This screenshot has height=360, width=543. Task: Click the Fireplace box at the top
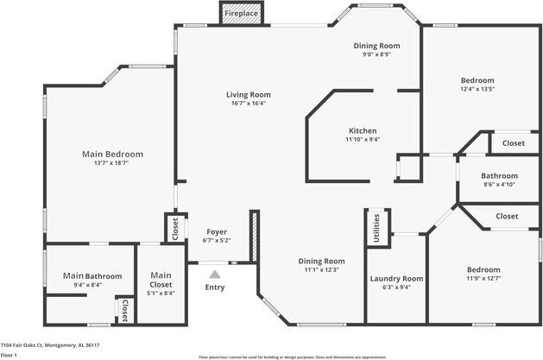[242, 15]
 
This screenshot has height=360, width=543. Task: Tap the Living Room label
[249, 95]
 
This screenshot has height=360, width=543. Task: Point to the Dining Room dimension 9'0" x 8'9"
[377, 54]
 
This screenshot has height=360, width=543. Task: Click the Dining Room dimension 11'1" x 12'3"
[321, 269]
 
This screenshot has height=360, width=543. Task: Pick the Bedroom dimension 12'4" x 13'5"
[477, 88]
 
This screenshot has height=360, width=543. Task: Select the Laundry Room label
[396, 278]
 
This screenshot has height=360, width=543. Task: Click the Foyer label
[216, 232]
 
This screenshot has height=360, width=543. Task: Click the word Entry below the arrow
[215, 287]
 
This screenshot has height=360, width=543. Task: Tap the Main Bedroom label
[112, 154]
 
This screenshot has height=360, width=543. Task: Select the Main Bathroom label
[92, 276]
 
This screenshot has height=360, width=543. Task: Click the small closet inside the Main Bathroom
[123, 310]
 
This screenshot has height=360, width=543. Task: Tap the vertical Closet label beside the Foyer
[175, 229]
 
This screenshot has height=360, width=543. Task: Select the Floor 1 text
[9, 355]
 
